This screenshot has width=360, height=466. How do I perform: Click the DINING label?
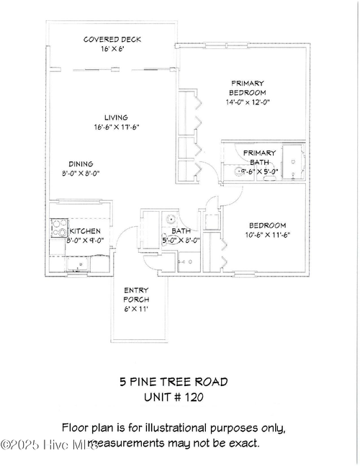(81, 163)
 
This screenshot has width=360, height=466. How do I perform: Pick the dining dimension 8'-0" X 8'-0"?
(81, 173)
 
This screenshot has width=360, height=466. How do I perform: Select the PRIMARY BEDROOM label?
(247, 88)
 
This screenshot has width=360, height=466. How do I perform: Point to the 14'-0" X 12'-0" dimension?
(247, 102)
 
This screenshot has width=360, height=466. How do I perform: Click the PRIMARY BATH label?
(258, 158)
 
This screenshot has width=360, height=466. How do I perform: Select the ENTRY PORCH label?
(138, 295)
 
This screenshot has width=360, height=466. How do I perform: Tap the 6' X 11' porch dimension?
(138, 308)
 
